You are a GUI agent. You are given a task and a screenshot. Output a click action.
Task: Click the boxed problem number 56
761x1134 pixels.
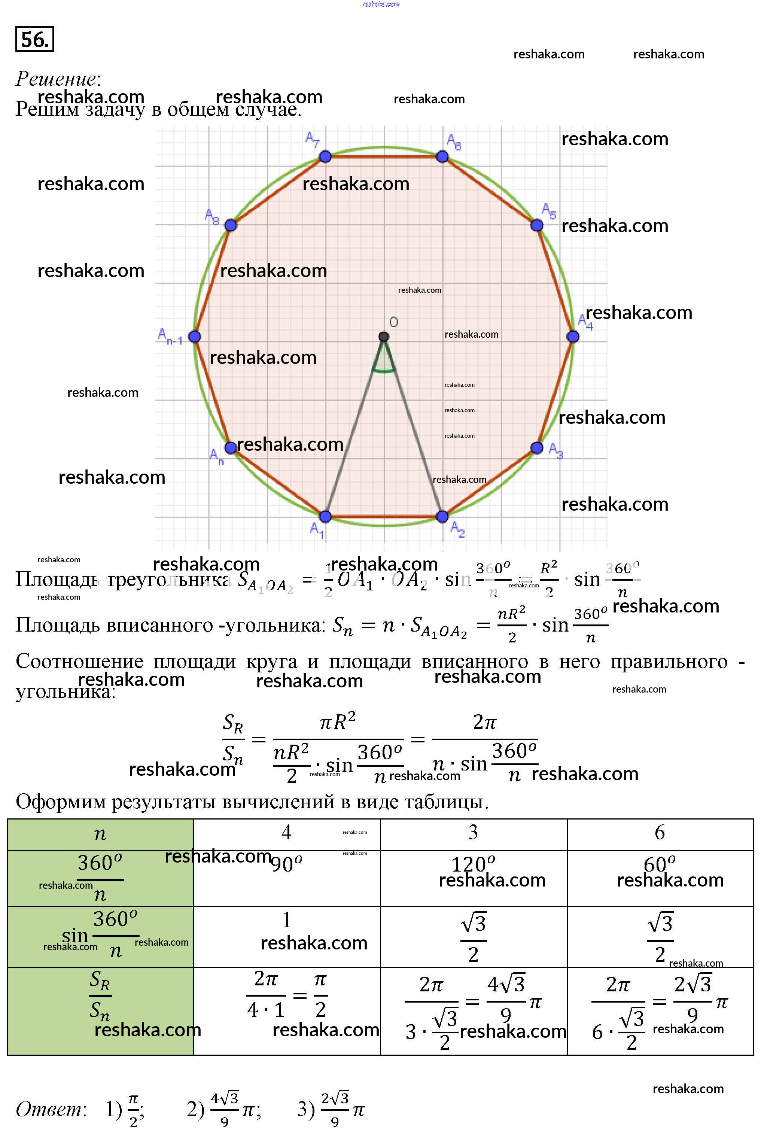coord(34,39)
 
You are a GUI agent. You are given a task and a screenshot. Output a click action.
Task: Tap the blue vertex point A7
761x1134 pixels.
coord(325,156)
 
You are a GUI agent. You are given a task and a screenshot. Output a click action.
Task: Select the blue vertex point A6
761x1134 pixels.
coord(442,156)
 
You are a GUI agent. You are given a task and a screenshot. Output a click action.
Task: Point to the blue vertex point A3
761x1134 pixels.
coord(537,448)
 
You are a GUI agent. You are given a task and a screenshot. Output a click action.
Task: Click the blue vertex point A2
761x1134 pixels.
coord(442,517)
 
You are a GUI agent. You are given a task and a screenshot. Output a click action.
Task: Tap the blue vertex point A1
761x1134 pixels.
coord(325,517)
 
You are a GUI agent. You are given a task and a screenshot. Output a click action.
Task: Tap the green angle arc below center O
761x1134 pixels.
coord(383,371)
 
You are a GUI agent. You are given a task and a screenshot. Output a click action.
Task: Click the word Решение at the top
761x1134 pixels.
coord(57,79)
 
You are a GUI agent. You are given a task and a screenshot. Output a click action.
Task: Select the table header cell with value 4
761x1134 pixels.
coord(286,833)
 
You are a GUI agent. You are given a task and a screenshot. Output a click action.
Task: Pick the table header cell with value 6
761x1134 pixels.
coord(660,833)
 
